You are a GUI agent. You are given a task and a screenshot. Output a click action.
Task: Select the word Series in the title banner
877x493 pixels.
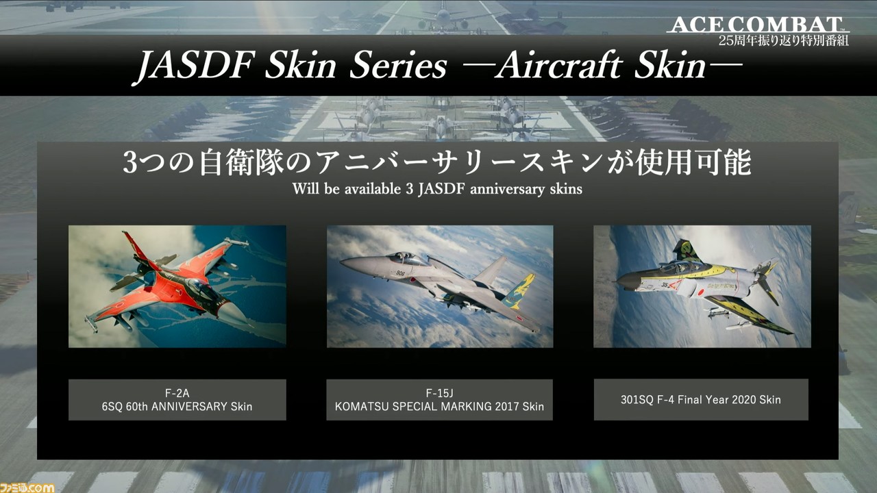tap(398, 66)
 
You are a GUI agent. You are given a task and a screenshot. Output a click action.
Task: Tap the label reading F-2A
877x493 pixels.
tap(177, 393)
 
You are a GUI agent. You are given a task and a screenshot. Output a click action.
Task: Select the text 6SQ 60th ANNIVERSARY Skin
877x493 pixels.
tap(177, 407)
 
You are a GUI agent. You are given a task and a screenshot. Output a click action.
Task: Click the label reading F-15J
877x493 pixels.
tap(439, 393)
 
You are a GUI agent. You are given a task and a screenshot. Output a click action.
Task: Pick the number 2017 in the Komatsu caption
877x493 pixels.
tap(506, 407)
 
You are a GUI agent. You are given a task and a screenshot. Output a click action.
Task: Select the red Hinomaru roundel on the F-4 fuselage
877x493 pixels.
tap(701, 292)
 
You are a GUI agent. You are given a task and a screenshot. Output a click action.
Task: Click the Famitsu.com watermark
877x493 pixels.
tap(27, 488)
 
